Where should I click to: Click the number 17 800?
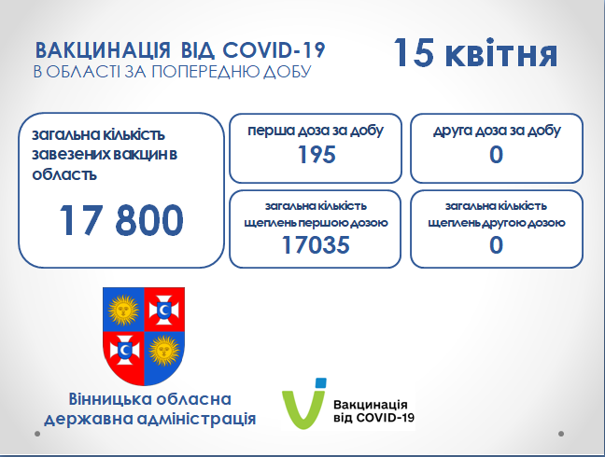coord(121,220)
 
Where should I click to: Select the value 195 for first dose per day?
coord(317,155)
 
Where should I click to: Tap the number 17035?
coord(316,245)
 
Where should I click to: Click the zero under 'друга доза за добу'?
coord(496,155)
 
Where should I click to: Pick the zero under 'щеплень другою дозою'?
coord(496,245)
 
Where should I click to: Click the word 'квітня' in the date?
coord(501,55)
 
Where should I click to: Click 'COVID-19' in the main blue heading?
coord(274,50)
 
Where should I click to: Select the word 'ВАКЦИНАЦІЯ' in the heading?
coord(103,50)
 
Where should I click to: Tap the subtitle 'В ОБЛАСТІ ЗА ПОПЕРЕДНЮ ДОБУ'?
coord(173,72)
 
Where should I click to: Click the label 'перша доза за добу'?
coord(316,131)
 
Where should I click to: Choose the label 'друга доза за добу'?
coord(497,131)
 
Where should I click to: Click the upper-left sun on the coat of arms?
coord(123,310)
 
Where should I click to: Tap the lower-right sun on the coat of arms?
coord(164,351)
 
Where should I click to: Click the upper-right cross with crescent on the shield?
coord(164,310)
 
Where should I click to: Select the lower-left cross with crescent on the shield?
coord(124,351)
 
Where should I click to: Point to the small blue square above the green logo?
coord(320,382)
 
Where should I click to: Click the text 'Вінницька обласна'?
coord(149,399)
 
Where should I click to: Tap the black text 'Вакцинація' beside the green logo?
coord(371,405)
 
